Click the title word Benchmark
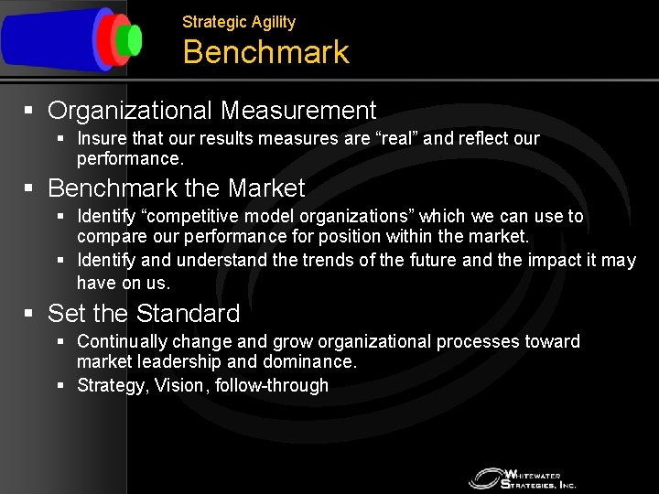tap(265, 52)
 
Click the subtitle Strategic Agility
tap(239, 22)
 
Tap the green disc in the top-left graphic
tap(135, 39)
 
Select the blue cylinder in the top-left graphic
tap(50, 39)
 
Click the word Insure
tap(102, 139)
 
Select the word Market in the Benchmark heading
tap(266, 188)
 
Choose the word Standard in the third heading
tap(188, 314)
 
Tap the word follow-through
tap(272, 385)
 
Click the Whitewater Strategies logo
tap(523, 478)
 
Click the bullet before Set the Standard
tap(29, 314)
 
